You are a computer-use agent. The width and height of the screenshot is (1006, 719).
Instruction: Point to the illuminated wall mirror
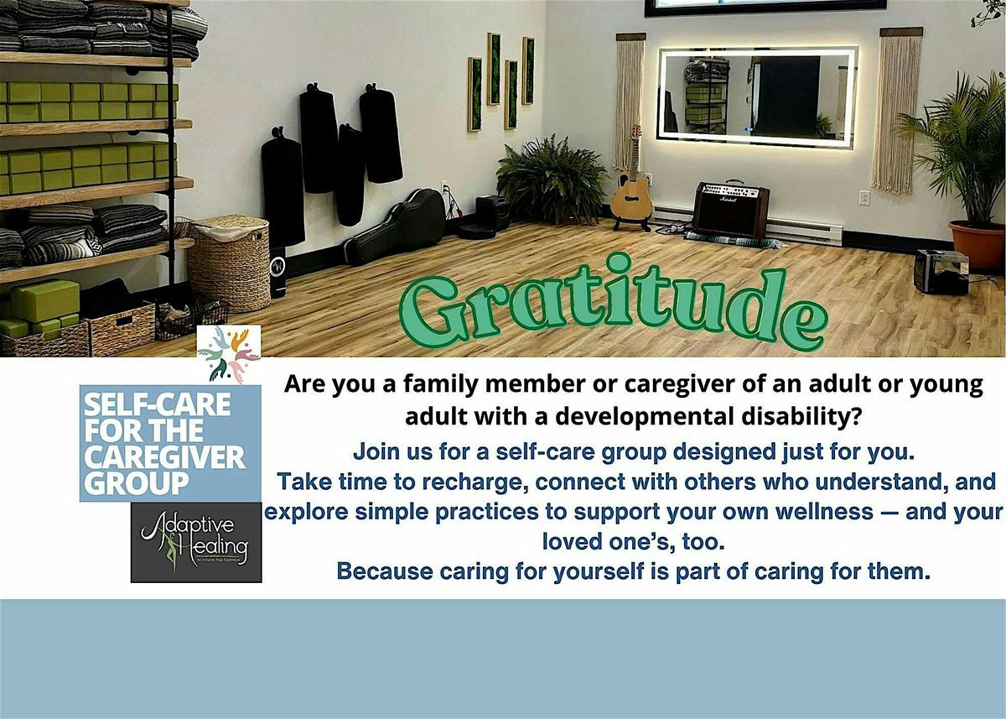click(x=757, y=96)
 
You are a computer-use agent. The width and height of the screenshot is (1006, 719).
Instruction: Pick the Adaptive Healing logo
click(x=196, y=543)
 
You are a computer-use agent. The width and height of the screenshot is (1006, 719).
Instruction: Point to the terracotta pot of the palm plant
click(x=977, y=245)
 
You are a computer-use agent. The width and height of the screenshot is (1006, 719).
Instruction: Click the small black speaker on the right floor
click(x=941, y=271)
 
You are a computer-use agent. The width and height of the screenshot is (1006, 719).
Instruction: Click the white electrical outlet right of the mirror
click(x=864, y=198)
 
